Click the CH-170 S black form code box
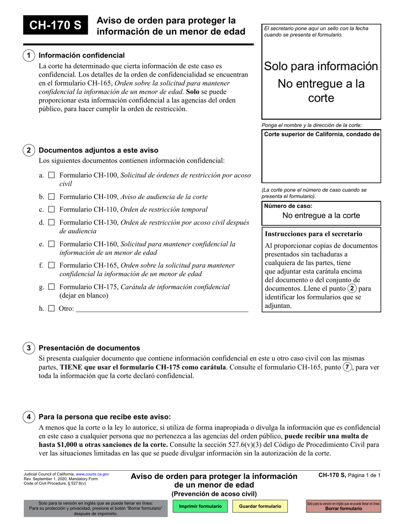pyautogui.click(x=55, y=26)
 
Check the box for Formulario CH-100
pyautogui.click(x=52, y=175)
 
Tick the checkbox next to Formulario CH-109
pyautogui.click(x=52, y=197)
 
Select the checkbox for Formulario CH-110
pyautogui.click(x=52, y=210)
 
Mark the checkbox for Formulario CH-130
pyautogui.click(x=52, y=222)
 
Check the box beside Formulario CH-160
pyautogui.click(x=52, y=244)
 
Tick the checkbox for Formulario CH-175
pyautogui.click(x=52, y=287)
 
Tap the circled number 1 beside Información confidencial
pyautogui.click(x=29, y=55)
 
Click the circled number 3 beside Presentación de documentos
pyautogui.click(x=29, y=348)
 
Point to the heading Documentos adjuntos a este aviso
pyautogui.click(x=98, y=150)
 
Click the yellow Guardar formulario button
pyautogui.click(x=260, y=507)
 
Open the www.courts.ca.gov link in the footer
pyautogui.click(x=93, y=474)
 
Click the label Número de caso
pyautogui.click(x=285, y=206)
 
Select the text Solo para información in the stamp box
pyautogui.click(x=321, y=66)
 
